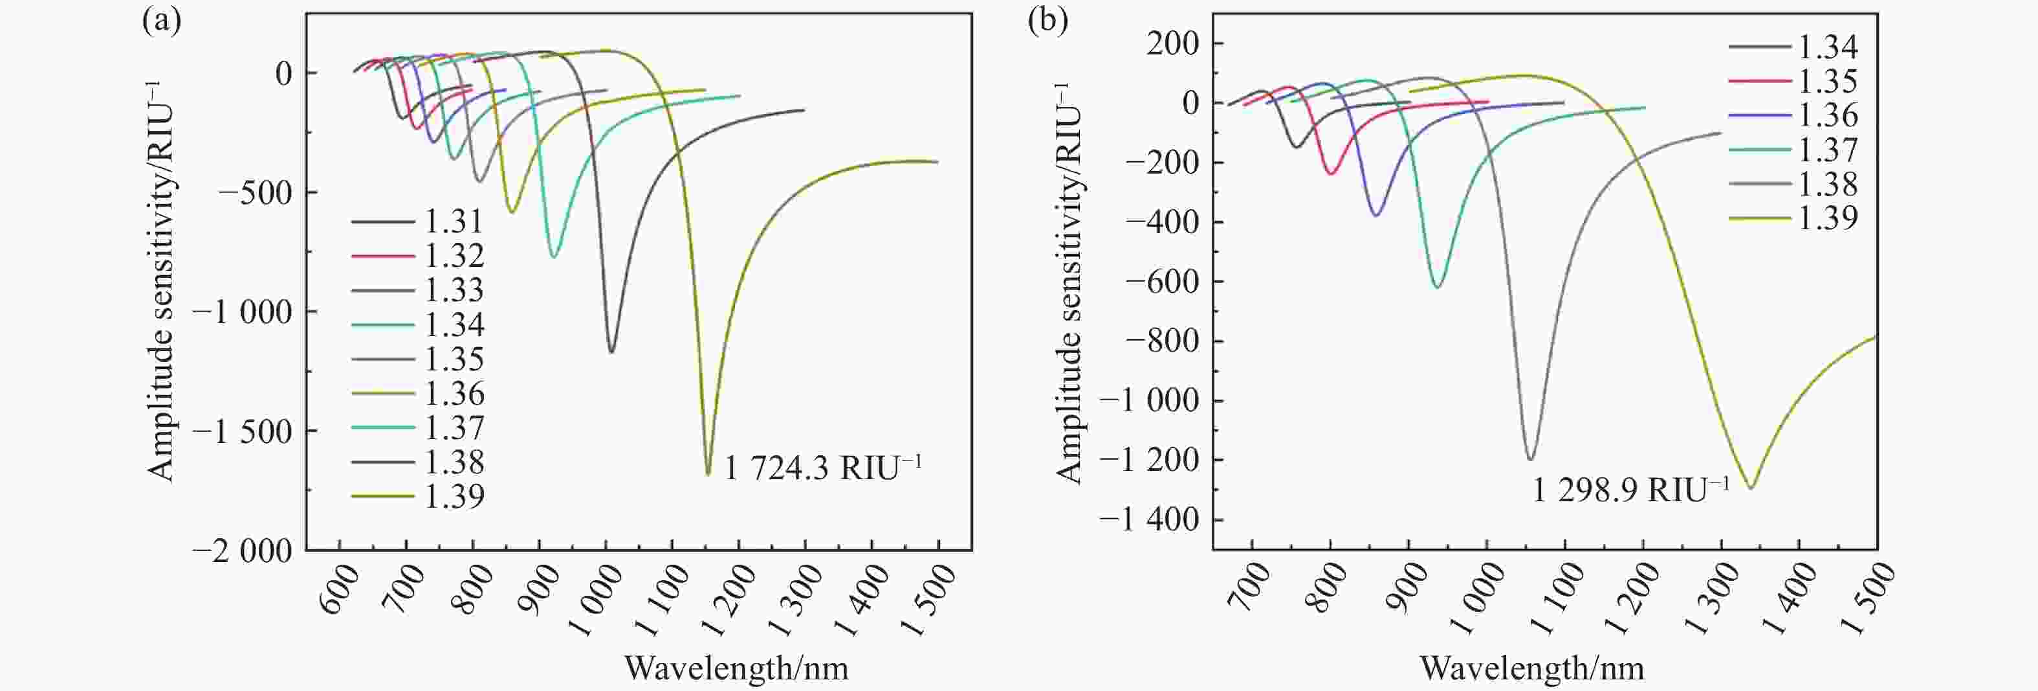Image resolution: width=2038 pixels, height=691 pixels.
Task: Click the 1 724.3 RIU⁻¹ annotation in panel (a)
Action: point(823,469)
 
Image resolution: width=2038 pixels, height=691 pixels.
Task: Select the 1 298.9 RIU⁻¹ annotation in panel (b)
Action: point(1630,492)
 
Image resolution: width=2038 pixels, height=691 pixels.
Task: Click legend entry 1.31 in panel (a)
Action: point(454,221)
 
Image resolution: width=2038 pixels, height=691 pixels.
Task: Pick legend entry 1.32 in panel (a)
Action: point(454,256)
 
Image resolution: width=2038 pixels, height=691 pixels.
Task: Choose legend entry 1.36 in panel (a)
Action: point(454,393)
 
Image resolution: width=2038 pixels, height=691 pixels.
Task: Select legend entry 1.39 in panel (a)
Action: point(454,496)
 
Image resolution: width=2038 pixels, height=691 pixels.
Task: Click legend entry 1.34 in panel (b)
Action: point(1828,47)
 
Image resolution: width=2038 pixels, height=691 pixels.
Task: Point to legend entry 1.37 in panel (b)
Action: point(1828,150)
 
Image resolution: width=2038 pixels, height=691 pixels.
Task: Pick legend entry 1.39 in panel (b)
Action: point(1828,218)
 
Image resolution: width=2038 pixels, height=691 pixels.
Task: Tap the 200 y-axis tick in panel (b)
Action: point(1173,43)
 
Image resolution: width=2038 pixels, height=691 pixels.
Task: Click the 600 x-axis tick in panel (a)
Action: point(342,591)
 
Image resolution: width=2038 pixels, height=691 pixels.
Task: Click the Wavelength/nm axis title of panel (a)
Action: point(736,669)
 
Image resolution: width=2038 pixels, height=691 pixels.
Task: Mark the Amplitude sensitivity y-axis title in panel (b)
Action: point(1068,281)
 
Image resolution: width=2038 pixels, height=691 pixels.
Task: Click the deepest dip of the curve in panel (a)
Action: point(708,474)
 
